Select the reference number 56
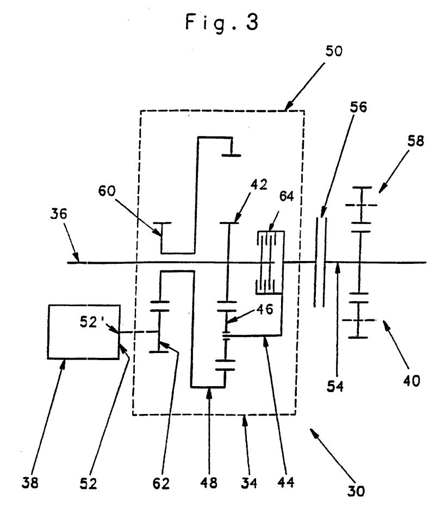coord(358,108)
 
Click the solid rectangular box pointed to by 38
coord(84,332)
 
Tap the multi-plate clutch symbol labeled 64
coord(269,262)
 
